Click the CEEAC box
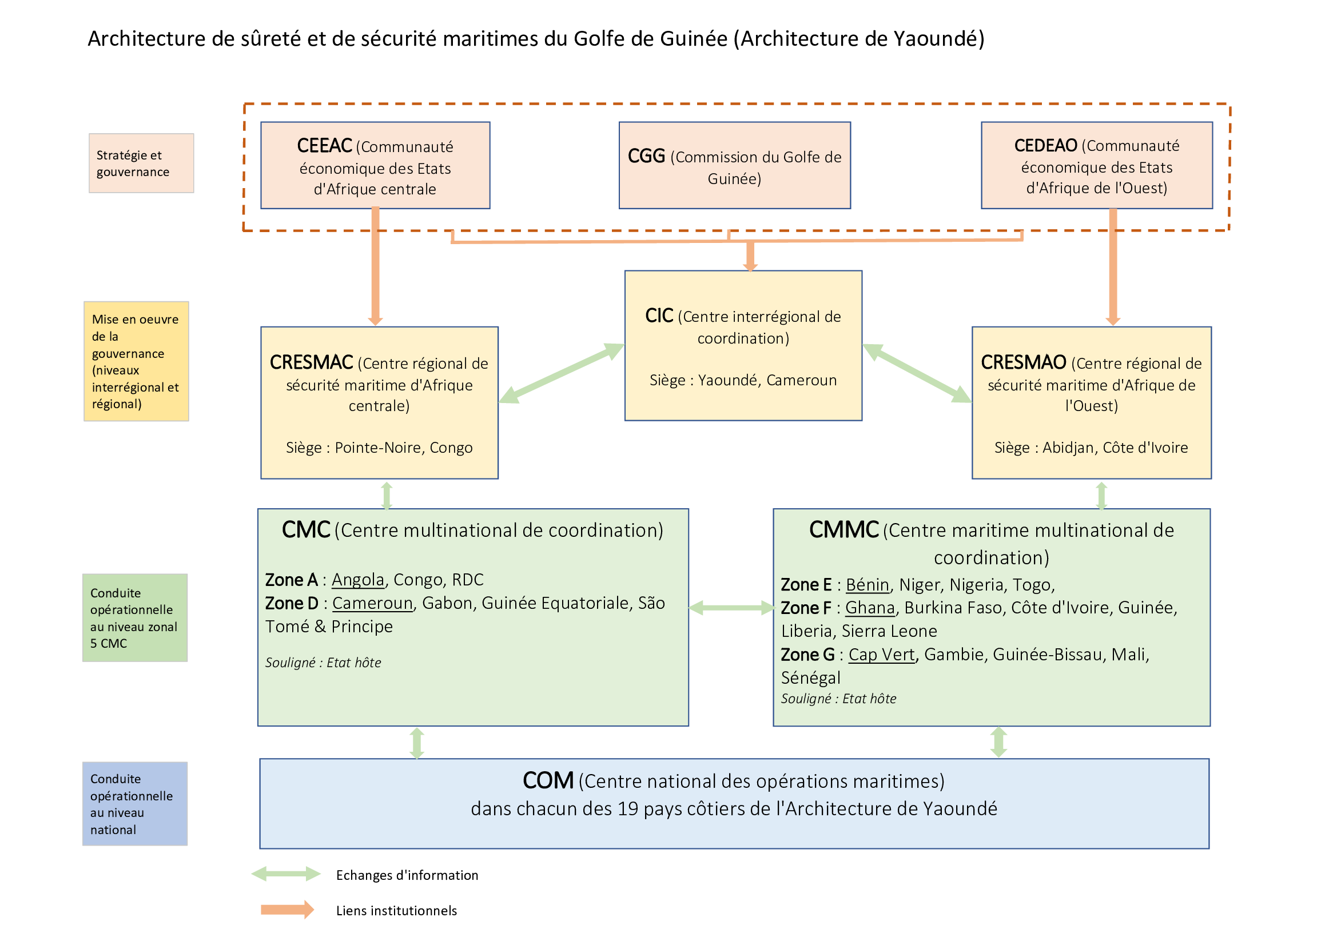coord(375,165)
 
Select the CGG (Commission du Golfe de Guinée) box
coord(734,165)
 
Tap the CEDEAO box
coord(1096,165)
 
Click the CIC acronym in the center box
coord(659,316)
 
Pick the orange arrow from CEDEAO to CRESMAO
coord(1113,266)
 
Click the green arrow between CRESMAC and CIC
coord(562,373)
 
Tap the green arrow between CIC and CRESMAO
coord(917,373)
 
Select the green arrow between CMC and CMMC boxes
coord(731,608)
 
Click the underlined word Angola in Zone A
coord(358,580)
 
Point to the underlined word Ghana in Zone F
coord(870,608)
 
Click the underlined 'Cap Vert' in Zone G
coord(882,655)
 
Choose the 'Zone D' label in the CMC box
coord(292,603)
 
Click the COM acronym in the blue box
coord(548,781)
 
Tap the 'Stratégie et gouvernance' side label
coord(141,164)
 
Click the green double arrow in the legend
coord(286,874)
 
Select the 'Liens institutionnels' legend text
coord(396,911)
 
